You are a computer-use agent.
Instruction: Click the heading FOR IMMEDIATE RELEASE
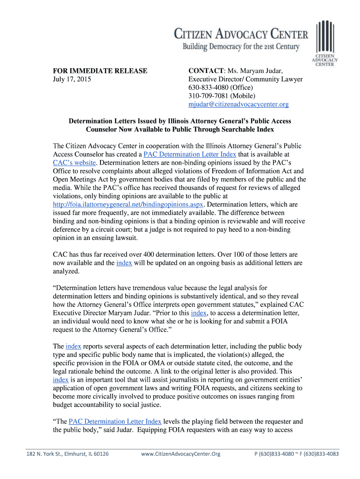100,71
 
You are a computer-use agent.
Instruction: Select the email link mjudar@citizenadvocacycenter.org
238,104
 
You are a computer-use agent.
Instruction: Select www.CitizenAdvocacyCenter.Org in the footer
180,454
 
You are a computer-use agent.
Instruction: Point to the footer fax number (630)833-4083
319,454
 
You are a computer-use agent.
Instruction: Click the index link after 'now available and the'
124,263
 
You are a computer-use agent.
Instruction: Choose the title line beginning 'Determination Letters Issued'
180,121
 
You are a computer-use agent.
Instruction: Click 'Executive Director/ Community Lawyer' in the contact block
245,80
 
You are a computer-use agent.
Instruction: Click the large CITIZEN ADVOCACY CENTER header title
241,34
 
